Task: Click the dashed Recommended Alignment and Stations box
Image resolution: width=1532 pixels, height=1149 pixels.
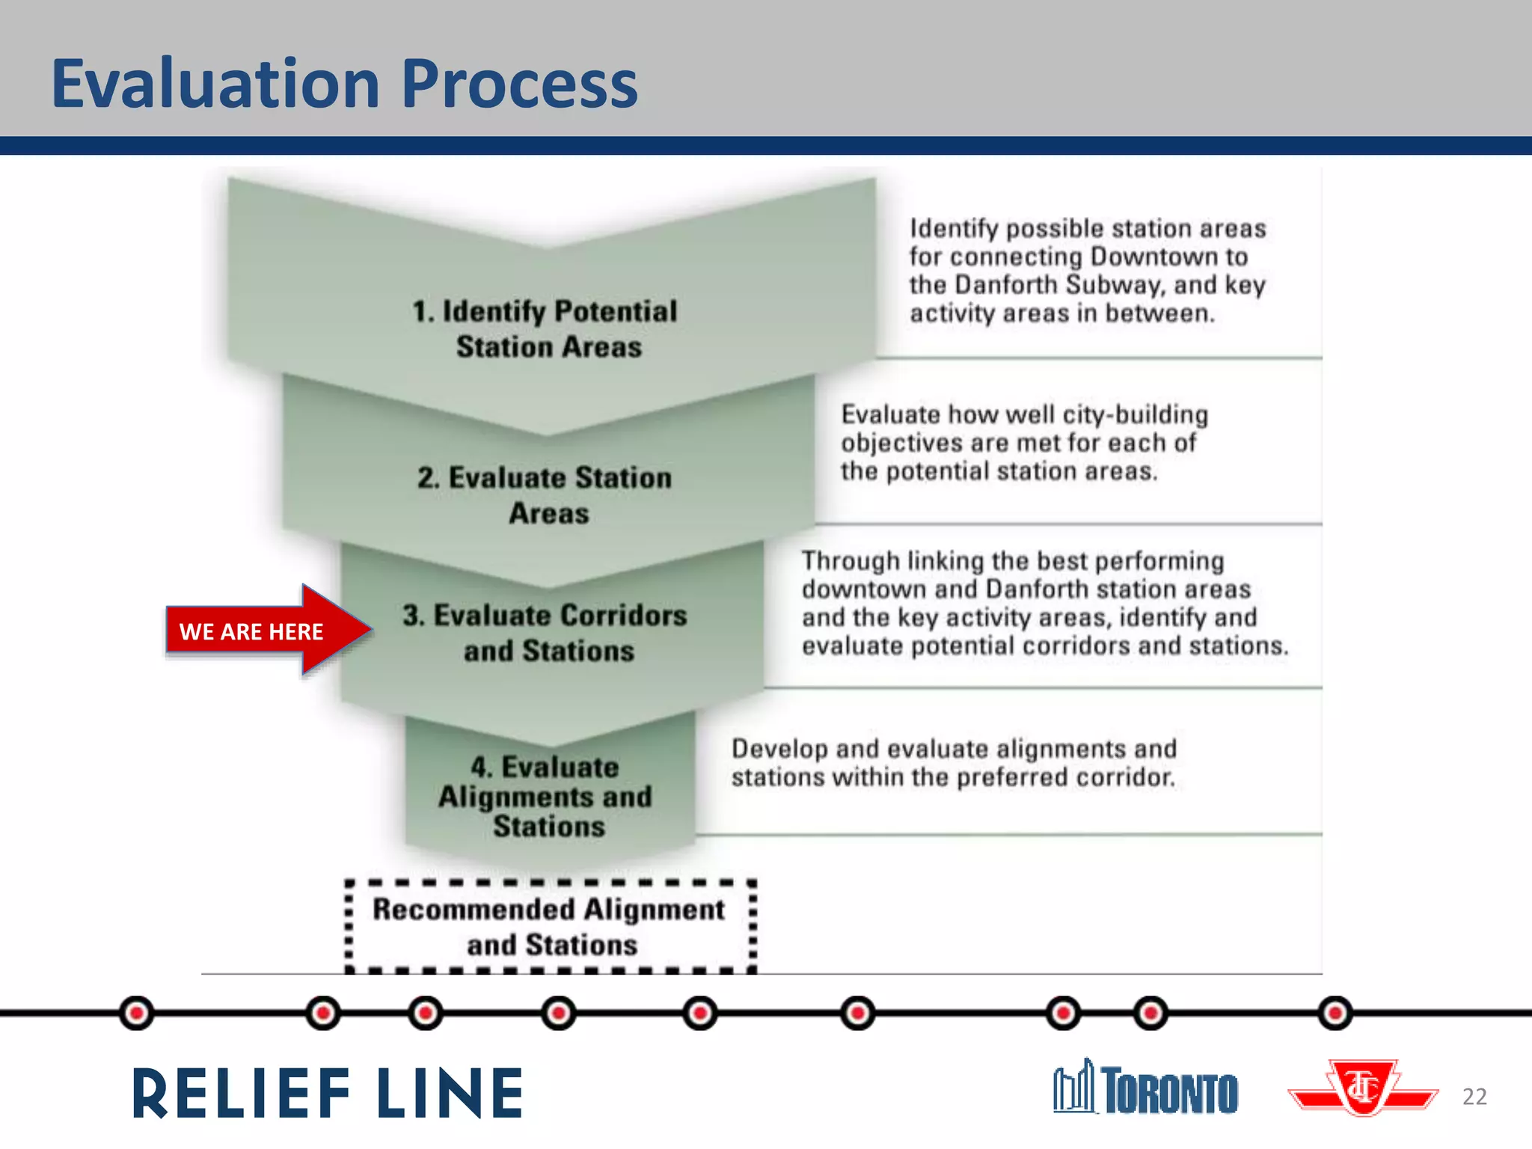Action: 551,927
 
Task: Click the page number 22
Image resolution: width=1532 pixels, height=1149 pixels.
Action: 1474,1097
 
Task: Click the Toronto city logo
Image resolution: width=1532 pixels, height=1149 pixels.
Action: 1146,1088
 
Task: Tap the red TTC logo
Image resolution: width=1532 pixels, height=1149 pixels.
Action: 1363,1088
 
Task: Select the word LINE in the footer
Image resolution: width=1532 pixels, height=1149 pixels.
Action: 450,1094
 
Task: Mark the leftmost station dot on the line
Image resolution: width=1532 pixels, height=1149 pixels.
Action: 136,1014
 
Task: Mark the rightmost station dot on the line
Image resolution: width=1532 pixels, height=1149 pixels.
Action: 1335,1014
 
